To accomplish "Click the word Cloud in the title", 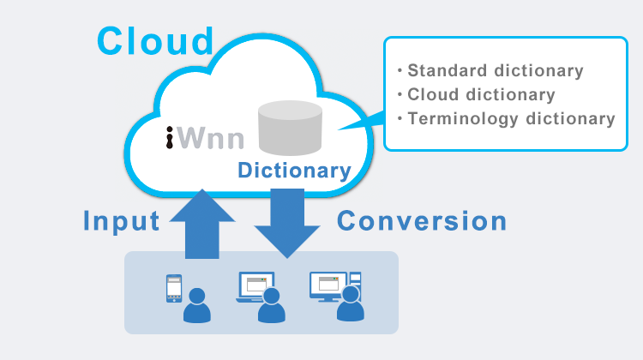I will click(154, 40).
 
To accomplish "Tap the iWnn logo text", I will click(205, 137).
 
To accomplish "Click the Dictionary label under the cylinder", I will click(294, 171).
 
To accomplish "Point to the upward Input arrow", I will click(202, 225).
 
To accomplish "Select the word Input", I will click(121, 221).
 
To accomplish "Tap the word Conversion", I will click(422, 221).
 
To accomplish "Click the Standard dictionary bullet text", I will click(495, 70).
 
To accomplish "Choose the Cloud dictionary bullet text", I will click(481, 94).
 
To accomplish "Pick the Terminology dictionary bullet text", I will click(511, 118).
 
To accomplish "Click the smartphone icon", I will click(174, 289).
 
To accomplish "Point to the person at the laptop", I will click(272, 306).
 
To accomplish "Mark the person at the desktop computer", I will click(350, 305).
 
